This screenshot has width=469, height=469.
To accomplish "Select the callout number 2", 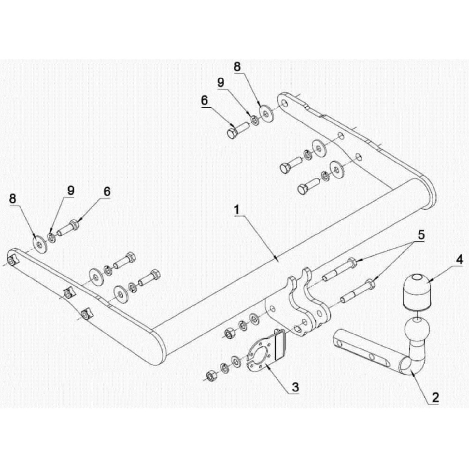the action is click(434, 397).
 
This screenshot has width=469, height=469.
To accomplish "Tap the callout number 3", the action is click(295, 387).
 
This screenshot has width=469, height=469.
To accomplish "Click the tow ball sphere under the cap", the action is click(417, 329).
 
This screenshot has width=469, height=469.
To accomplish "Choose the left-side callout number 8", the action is click(13, 199).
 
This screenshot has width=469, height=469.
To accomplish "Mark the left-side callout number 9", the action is click(71, 190).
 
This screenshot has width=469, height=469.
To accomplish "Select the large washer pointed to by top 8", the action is click(267, 113).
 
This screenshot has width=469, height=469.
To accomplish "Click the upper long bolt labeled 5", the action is click(339, 271).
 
